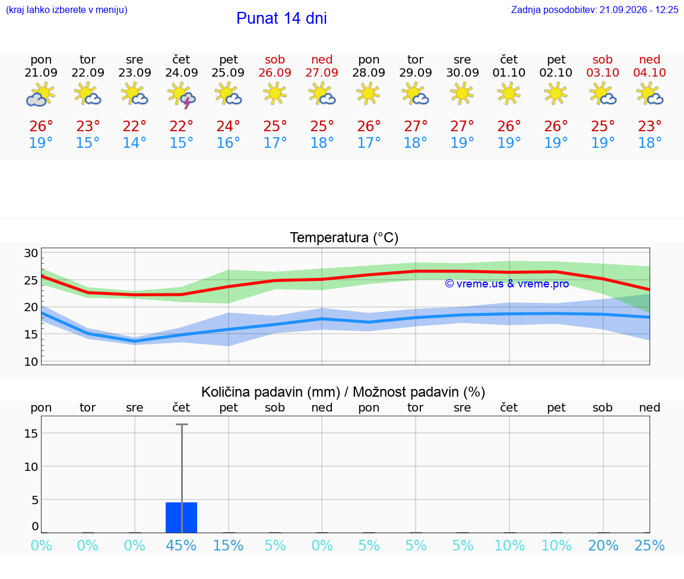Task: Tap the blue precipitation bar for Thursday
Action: (x=182, y=517)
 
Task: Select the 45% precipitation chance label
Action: (x=181, y=545)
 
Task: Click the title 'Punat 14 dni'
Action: (x=281, y=18)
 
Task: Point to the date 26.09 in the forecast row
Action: (x=275, y=72)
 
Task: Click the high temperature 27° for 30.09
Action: (x=463, y=126)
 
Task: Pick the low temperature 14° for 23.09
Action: (x=134, y=143)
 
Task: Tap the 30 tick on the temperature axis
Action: (x=31, y=253)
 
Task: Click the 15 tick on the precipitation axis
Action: (x=31, y=434)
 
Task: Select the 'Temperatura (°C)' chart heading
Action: (x=344, y=238)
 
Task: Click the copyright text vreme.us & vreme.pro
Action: (x=507, y=284)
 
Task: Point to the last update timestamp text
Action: (x=595, y=10)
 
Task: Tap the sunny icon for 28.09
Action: (x=369, y=94)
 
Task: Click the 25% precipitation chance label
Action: (x=650, y=545)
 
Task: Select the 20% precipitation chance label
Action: (x=603, y=545)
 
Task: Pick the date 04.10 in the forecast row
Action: (x=650, y=72)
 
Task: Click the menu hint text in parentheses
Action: (x=66, y=10)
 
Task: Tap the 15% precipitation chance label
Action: (x=228, y=545)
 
